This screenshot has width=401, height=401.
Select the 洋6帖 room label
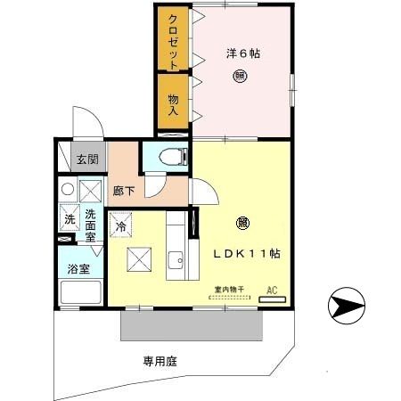point(242,54)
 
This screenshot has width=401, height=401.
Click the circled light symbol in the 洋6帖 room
point(242,76)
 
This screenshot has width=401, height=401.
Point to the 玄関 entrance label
point(87,160)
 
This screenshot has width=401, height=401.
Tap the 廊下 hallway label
point(124,190)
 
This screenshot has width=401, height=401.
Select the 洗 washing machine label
point(69,219)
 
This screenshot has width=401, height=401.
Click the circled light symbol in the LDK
point(242,224)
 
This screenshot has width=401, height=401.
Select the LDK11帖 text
point(246,253)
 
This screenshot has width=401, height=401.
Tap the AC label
point(273,290)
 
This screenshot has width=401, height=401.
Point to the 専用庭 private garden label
point(160,361)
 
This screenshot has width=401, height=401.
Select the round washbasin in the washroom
point(67,190)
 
